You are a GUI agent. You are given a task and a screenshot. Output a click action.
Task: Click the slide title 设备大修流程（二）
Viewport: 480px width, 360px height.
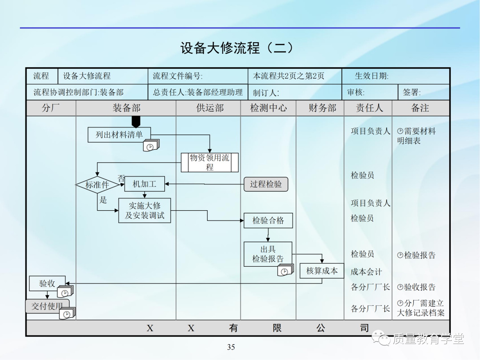pos(236,48)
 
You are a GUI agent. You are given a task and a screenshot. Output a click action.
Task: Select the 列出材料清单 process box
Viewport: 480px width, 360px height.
pos(119,135)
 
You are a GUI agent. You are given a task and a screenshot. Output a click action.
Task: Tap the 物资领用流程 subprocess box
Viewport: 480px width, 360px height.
pos(210,163)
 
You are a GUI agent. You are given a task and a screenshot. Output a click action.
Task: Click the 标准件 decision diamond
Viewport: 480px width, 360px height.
pos(97,185)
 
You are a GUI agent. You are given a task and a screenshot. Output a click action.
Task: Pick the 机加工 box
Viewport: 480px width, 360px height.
pos(144,184)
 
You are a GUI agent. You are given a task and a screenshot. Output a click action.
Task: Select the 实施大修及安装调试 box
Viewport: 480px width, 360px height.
pos(144,211)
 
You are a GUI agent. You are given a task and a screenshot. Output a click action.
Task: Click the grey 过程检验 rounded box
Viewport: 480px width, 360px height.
pos(266,184)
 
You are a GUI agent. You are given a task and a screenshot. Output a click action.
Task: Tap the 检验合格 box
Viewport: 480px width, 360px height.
pos(268,220)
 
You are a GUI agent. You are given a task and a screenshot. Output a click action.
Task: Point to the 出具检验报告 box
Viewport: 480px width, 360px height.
pos(268,254)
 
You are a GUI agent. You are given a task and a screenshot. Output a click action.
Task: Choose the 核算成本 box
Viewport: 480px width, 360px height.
pos(322,271)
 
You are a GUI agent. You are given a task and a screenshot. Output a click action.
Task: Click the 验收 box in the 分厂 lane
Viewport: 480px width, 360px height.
pos(47,283)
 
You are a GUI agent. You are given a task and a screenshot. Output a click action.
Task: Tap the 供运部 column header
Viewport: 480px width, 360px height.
pos(210,108)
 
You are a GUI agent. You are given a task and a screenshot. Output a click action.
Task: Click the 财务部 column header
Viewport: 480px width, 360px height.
pos(322,108)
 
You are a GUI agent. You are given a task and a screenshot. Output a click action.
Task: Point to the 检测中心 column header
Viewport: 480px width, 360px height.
pos(268,108)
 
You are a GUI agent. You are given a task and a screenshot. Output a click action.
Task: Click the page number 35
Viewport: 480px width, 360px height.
pos(231,348)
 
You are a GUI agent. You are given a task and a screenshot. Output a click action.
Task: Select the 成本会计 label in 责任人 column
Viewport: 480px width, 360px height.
pos(366,272)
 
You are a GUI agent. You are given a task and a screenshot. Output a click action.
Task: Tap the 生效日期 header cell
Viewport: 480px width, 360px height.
pos(372,76)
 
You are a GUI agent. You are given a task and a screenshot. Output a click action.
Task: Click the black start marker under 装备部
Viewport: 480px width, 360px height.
pos(136,121)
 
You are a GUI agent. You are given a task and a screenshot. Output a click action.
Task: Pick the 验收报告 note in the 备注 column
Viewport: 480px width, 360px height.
pos(417,288)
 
